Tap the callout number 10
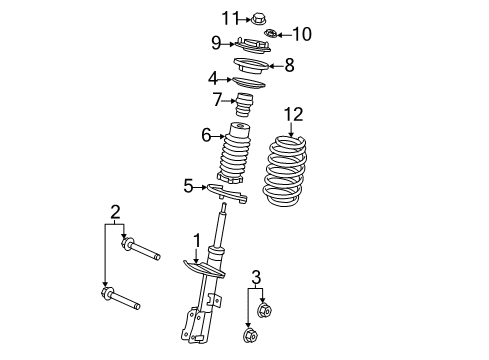point(301,34)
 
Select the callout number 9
point(216,42)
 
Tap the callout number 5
point(188,185)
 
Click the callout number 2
point(116,211)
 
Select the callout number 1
point(197,240)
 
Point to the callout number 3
point(256,276)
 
